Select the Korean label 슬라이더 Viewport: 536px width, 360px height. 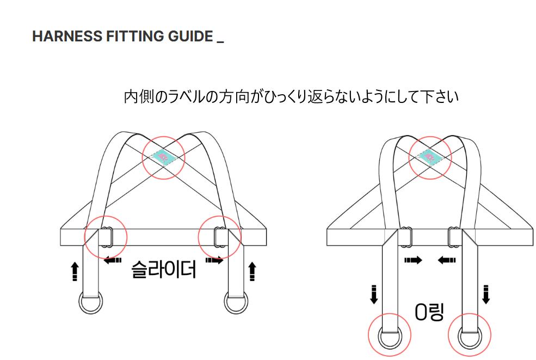(x=163, y=269)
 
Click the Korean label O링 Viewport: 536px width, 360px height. (x=429, y=312)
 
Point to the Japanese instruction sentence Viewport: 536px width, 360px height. (x=291, y=97)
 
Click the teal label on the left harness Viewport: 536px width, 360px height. (x=163, y=157)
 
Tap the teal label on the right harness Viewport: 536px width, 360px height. (x=429, y=157)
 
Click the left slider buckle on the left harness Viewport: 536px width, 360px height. (x=107, y=236)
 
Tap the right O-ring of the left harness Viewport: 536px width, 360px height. (x=236, y=303)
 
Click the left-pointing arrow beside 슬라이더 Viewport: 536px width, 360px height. (x=113, y=261)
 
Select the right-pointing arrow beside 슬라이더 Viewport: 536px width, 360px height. (x=214, y=261)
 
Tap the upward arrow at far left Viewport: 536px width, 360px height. (x=75, y=271)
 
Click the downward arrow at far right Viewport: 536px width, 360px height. (x=486, y=294)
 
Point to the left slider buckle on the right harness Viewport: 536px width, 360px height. (x=405, y=236)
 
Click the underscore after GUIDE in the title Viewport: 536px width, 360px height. (x=220, y=41)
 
